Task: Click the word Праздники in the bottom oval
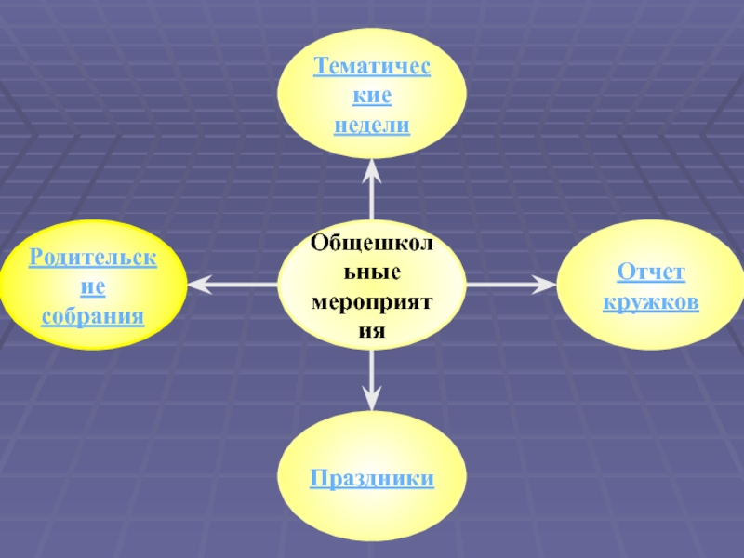(x=372, y=479)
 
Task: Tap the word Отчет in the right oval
(x=651, y=273)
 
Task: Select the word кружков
(x=651, y=303)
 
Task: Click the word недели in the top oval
(x=372, y=125)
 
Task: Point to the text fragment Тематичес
(x=372, y=67)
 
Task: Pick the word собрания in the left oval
(x=93, y=316)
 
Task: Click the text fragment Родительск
(x=93, y=257)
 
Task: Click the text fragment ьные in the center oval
(x=372, y=273)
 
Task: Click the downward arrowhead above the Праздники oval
(x=372, y=399)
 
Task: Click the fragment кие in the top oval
(x=372, y=96)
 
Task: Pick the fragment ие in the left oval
(x=93, y=286)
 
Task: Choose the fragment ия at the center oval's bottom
(x=372, y=332)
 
